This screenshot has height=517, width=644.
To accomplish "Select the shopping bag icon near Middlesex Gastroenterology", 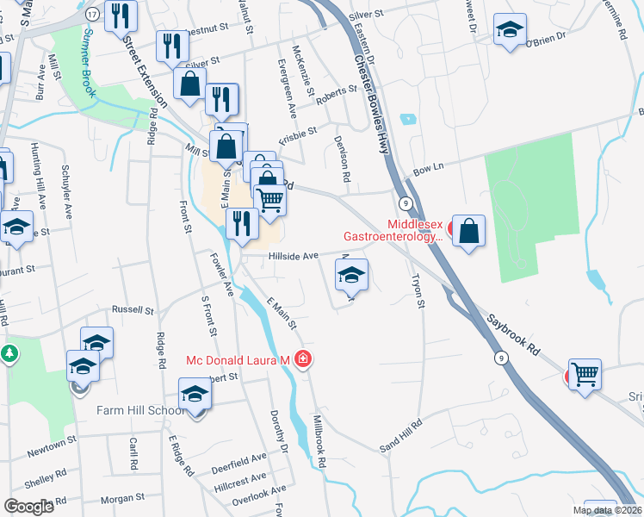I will click(x=468, y=232).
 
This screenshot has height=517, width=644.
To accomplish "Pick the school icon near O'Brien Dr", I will click(x=511, y=28).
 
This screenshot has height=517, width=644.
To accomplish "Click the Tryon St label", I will click(x=418, y=291).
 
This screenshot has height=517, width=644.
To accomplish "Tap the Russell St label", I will click(x=132, y=309).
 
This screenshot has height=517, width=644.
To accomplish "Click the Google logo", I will click(x=28, y=507).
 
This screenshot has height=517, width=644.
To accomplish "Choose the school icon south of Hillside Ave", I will click(x=350, y=276).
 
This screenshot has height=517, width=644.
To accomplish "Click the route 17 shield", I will click(x=91, y=13).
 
